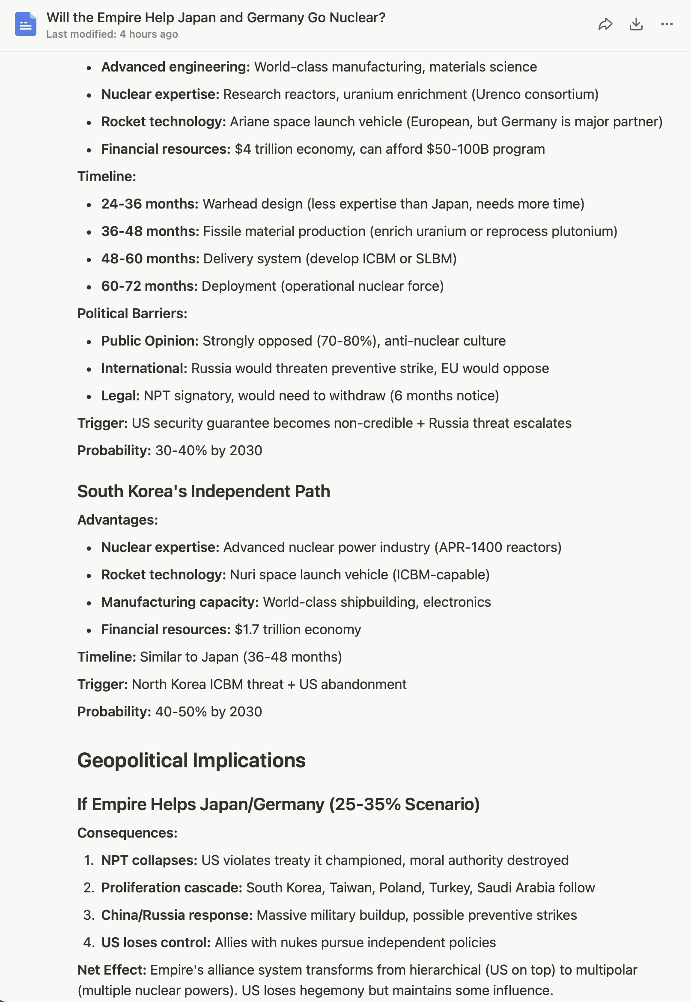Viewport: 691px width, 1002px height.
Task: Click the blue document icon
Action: (x=26, y=24)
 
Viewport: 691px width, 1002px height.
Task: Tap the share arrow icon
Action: (x=605, y=24)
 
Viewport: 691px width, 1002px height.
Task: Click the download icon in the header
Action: (x=636, y=24)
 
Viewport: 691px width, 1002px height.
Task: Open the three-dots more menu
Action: (x=667, y=24)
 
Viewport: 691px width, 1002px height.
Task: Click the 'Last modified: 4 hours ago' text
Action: (x=112, y=34)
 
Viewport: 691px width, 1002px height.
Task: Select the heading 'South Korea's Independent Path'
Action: (x=203, y=492)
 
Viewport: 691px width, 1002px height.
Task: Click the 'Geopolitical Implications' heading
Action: (x=191, y=760)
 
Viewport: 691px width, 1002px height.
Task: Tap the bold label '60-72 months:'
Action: (x=149, y=286)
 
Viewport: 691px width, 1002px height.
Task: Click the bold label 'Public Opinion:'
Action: (x=150, y=341)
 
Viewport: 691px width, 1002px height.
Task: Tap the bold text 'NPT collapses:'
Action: (x=149, y=860)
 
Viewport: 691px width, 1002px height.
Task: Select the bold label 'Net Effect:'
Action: (x=112, y=970)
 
